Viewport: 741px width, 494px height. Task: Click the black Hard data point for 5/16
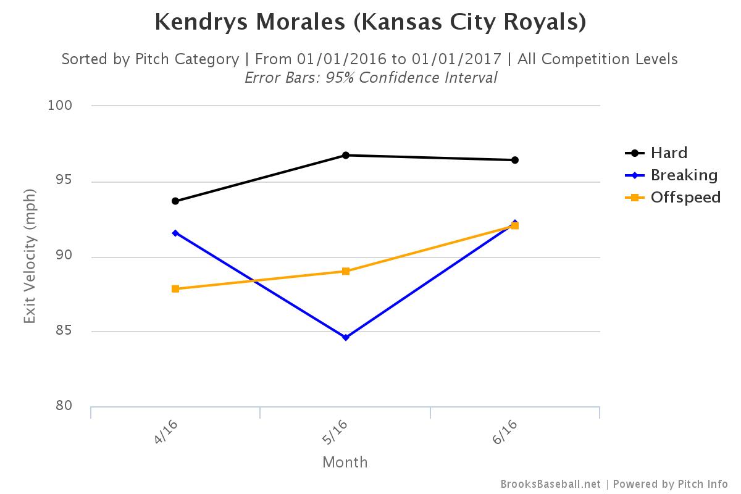pyautogui.click(x=346, y=155)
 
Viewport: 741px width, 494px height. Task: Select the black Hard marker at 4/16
pyautogui.click(x=175, y=201)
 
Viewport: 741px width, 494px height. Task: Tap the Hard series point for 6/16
pyautogui.click(x=514, y=160)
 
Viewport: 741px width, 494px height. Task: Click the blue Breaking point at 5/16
pyautogui.click(x=346, y=337)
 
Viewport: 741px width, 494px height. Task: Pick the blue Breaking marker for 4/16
pyautogui.click(x=175, y=233)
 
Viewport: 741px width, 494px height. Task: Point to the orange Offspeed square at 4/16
pyautogui.click(x=175, y=288)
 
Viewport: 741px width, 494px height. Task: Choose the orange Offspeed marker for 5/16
pyautogui.click(x=346, y=271)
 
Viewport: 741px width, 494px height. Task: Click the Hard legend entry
pyautogui.click(x=669, y=153)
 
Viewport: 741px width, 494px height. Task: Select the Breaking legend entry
pyautogui.click(x=684, y=175)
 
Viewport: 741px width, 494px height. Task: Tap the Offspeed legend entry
pyautogui.click(x=685, y=197)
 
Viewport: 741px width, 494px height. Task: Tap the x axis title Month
pyautogui.click(x=345, y=462)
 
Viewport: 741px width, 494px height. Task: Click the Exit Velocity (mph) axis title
pyautogui.click(x=30, y=256)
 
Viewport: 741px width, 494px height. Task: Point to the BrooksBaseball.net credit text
pyautogui.click(x=550, y=484)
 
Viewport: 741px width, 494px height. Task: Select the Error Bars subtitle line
pyautogui.click(x=371, y=78)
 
